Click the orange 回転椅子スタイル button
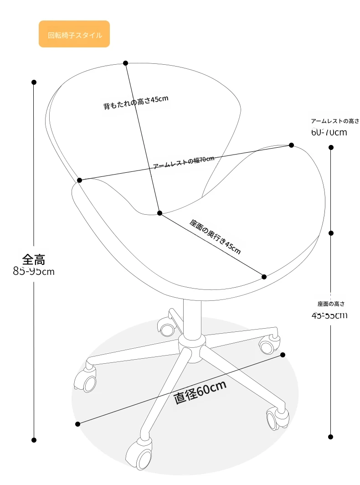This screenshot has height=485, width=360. click(74, 34)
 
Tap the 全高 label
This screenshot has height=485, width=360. click(34, 260)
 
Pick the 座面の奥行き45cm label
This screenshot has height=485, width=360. click(215, 236)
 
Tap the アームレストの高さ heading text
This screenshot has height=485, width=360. click(335, 121)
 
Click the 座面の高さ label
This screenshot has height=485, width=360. click(331, 304)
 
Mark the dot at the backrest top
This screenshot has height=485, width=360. click(125, 63)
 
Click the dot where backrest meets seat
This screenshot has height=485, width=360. click(159, 213)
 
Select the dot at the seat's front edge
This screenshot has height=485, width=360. click(264, 276)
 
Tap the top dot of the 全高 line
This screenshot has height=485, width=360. click(34, 82)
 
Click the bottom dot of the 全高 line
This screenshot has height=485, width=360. click(34, 440)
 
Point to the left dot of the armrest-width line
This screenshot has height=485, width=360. click(79, 180)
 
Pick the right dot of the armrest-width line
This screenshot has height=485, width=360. click(291, 145)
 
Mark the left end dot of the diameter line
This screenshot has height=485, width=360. click(78, 424)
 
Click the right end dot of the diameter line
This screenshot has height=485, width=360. click(283, 355)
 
